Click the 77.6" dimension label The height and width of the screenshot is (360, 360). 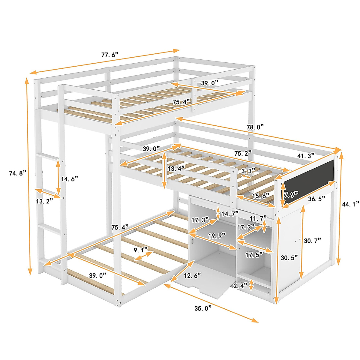pyautogui.click(x=110, y=55)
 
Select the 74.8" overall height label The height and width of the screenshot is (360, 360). pyautogui.click(x=18, y=173)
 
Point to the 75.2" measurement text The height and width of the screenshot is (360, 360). pyautogui.click(x=243, y=153)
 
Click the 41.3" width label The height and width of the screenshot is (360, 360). pyautogui.click(x=306, y=156)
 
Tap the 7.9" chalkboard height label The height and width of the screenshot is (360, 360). pyautogui.click(x=290, y=194)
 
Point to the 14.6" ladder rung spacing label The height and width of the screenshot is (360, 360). pyautogui.click(x=69, y=179)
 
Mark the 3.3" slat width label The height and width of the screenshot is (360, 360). pyautogui.click(x=248, y=171)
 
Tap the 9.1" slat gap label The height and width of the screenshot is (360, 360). pyautogui.click(x=140, y=249)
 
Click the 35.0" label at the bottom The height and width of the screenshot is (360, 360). pyautogui.click(x=203, y=308)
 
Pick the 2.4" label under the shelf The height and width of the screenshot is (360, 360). pyautogui.click(x=241, y=286)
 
